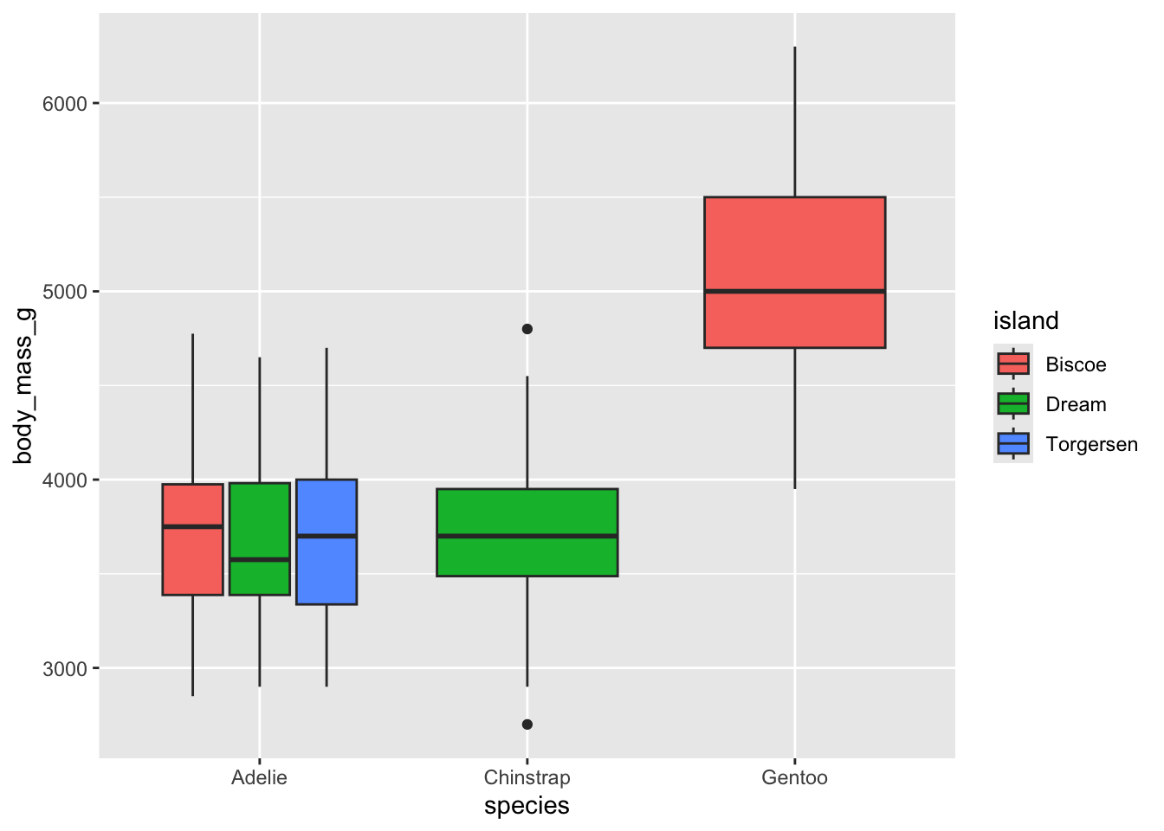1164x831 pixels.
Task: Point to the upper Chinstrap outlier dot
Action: click(527, 329)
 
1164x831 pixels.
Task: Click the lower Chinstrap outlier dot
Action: click(527, 725)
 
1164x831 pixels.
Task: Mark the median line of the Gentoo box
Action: click(794, 292)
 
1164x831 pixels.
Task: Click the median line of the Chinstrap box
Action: click(527, 537)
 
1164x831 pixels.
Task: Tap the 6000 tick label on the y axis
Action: click(65, 104)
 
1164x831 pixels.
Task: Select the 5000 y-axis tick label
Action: click(65, 292)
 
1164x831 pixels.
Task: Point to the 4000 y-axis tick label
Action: click(65, 480)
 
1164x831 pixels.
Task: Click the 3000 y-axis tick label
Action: click(65, 668)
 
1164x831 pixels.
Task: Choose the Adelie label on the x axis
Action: click(259, 777)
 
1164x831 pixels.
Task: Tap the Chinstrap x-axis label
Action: click(527, 777)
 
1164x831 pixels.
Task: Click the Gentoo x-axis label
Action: click(794, 777)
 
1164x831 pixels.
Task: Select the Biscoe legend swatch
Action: click(1013, 364)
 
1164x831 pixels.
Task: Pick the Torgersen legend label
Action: click(1091, 445)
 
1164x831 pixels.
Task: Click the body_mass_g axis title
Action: click(23, 385)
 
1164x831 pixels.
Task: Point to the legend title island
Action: click(1025, 321)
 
